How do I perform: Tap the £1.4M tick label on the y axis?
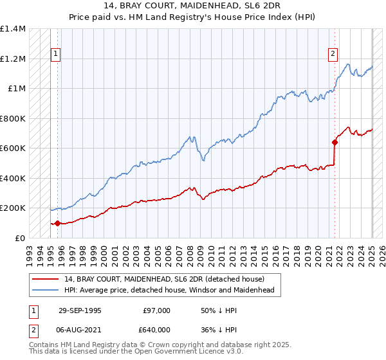tap(14, 29)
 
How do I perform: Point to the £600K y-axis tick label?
tap(13, 148)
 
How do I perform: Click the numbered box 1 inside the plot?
tap(57, 54)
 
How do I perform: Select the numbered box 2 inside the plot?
tap(333, 54)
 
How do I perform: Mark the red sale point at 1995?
tap(57, 224)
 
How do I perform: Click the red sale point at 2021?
tap(335, 142)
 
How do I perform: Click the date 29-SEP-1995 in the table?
tap(79, 310)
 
